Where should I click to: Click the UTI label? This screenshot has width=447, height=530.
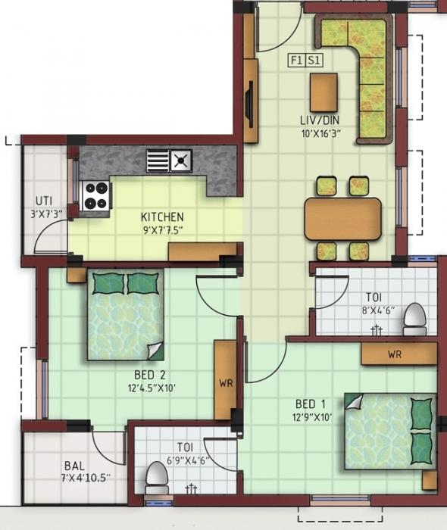[x=42, y=201]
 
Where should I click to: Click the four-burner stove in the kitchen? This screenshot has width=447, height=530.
[x=96, y=195]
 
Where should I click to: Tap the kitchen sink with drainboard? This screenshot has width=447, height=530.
[x=170, y=161]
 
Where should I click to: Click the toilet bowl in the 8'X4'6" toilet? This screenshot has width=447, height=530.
[x=414, y=320]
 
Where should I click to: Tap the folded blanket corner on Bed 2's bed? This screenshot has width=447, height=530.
[x=155, y=351]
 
